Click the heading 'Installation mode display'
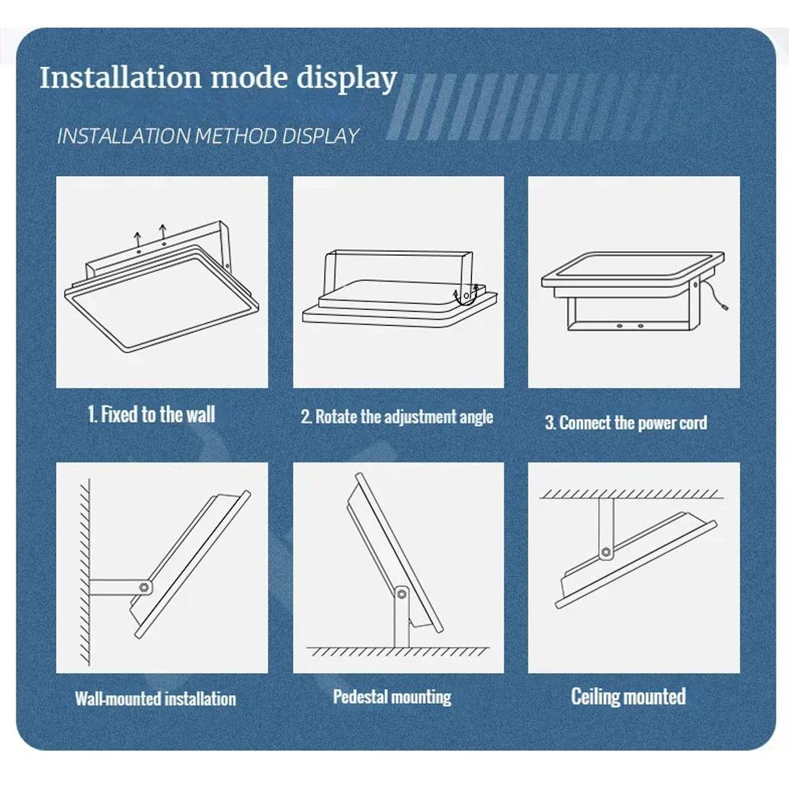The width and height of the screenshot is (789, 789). (219, 78)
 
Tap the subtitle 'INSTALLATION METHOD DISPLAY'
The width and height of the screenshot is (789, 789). (208, 136)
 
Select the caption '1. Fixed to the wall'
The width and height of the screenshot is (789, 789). (151, 415)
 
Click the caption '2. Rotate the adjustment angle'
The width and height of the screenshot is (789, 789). (397, 417)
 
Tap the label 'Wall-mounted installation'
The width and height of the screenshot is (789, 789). (155, 699)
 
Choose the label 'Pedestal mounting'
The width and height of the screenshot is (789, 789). (392, 697)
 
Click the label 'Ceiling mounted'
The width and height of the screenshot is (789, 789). (629, 697)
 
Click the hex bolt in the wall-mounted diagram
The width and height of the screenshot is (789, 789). (145, 587)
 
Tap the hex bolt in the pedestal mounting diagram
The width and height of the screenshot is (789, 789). (402, 594)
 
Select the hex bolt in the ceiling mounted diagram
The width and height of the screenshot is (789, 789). (606, 552)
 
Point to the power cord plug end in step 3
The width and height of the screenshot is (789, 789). (726, 306)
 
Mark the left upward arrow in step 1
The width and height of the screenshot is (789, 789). (137, 238)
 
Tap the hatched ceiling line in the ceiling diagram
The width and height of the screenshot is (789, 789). (631, 494)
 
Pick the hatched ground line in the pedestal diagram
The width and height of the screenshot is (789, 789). (398, 651)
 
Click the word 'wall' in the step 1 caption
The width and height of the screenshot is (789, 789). (200, 415)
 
